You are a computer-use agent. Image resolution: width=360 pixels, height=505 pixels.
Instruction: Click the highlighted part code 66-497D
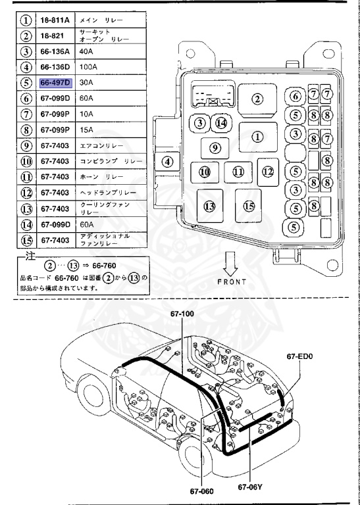tap(55, 84)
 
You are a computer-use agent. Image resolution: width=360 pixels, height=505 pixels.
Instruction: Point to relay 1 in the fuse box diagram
tap(258, 136)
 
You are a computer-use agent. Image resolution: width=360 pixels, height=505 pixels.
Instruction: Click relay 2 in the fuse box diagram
tap(257, 99)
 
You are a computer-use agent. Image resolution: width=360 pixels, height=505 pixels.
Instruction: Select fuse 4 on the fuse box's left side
tap(167, 161)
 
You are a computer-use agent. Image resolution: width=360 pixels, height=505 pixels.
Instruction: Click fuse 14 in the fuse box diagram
tap(221, 123)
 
